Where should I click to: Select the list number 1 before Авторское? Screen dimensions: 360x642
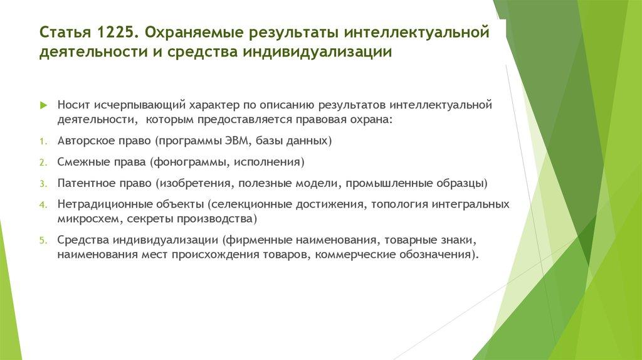click(x=42, y=142)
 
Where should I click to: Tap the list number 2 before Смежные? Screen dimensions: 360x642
click(x=42, y=163)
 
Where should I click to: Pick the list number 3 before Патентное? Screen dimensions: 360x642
click(x=42, y=184)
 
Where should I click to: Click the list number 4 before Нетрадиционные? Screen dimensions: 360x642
click(x=42, y=206)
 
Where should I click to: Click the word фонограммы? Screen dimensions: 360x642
click(x=191, y=162)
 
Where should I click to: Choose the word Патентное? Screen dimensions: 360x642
click(x=85, y=184)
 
